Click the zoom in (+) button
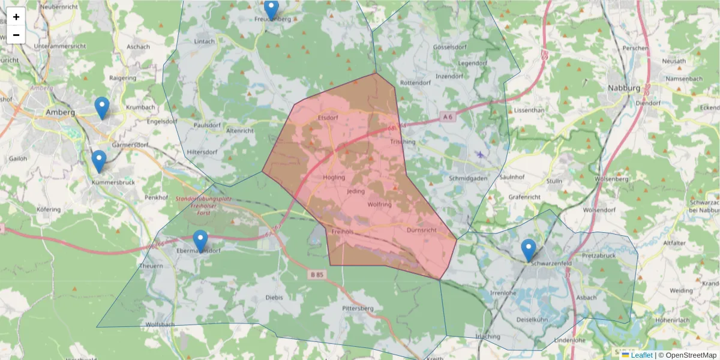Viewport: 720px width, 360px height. coord(16,17)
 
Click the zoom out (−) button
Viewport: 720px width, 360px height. coord(16,35)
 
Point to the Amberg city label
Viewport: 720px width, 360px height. coord(61,112)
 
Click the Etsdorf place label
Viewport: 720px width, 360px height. coord(328,118)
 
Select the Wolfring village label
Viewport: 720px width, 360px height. coord(379,205)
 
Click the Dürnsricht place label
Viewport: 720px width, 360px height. coord(421,230)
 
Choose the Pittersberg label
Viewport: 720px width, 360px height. coord(358,308)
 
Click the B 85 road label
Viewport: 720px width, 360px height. coord(319,275)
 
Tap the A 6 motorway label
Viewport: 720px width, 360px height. coord(447,116)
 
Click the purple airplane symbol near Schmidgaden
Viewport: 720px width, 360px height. coord(479,155)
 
